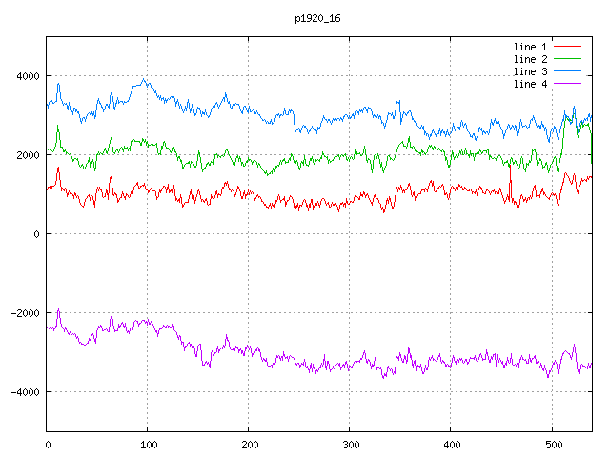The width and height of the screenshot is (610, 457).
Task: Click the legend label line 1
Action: (x=530, y=47)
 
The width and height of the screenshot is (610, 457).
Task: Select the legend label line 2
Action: (x=530, y=59)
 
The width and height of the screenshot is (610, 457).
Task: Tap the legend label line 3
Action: (x=530, y=71)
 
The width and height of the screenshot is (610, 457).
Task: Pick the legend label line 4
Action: (x=530, y=84)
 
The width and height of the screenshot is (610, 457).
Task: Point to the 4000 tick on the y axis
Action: (x=26, y=76)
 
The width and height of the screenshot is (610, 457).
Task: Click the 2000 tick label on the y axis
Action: (x=26, y=155)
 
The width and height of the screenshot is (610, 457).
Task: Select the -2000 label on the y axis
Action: (x=23, y=313)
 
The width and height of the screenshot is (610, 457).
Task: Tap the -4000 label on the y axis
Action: (x=23, y=392)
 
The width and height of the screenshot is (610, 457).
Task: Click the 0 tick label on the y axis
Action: (x=38, y=234)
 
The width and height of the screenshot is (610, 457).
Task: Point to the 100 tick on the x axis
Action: (x=148, y=443)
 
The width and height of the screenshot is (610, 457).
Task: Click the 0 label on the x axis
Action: (x=48, y=443)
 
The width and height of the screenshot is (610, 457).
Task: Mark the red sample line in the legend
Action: (x=568, y=47)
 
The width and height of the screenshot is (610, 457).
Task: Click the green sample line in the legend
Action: (x=568, y=59)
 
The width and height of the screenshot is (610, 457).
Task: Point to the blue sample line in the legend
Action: (x=568, y=71)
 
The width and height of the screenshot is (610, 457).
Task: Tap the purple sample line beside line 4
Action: (x=568, y=84)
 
